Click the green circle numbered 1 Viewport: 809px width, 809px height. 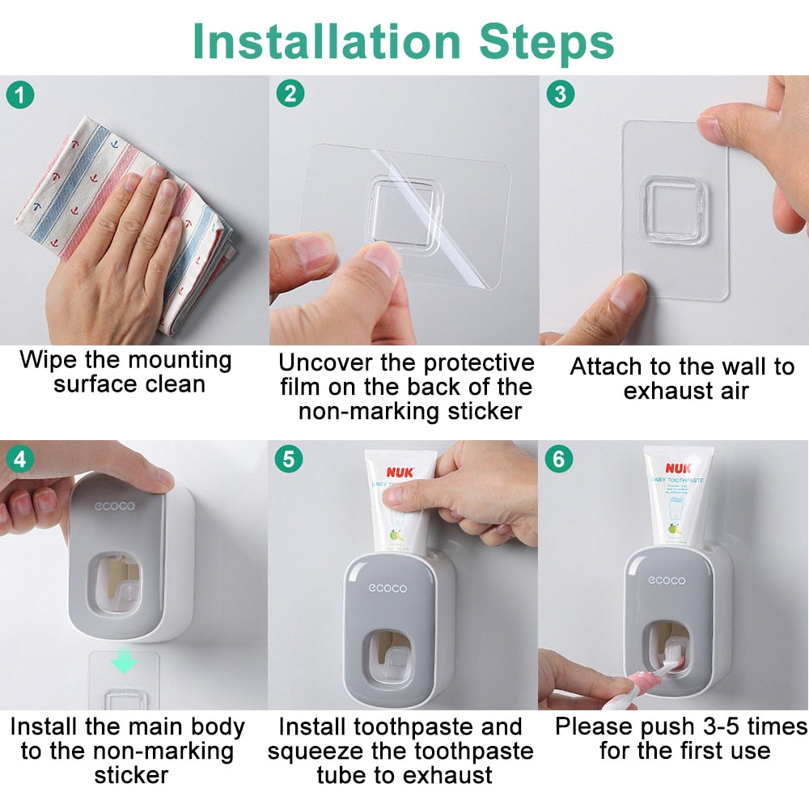[x=21, y=95]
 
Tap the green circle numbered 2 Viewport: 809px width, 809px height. [x=290, y=95]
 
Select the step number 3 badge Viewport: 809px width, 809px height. [x=559, y=95]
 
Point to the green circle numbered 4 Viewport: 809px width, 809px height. [x=21, y=460]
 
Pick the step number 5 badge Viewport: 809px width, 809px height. [x=290, y=460]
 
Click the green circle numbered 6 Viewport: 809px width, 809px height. [x=559, y=460]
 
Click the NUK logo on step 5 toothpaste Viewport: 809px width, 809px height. [x=400, y=472]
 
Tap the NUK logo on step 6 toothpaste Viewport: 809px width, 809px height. [x=678, y=467]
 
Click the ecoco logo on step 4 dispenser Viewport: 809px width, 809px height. [x=115, y=507]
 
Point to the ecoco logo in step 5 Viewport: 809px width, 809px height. [x=388, y=588]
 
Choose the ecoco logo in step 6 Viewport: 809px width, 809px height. [x=667, y=580]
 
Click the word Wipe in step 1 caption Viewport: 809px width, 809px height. [x=45, y=360]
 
